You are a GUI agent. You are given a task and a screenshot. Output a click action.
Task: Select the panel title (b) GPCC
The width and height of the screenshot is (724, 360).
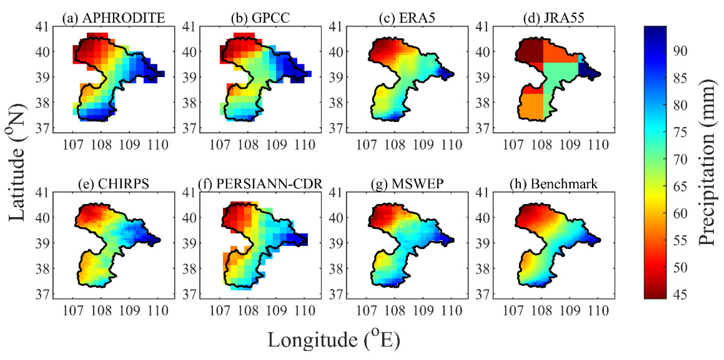tap(260, 18)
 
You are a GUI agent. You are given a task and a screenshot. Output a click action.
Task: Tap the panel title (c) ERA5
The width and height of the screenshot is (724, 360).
tap(407, 18)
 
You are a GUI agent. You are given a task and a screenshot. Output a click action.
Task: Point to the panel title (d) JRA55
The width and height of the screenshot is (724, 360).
tap(554, 18)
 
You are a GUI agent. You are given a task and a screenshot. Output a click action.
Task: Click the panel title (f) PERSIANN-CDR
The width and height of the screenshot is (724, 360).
tap(260, 184)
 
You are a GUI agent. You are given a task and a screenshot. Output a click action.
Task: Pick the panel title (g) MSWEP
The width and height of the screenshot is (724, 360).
tap(407, 184)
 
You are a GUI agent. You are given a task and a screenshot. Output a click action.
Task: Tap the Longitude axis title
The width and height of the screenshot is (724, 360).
tap(334, 340)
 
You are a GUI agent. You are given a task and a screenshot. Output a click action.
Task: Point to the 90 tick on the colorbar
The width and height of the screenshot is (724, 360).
tap(680, 51)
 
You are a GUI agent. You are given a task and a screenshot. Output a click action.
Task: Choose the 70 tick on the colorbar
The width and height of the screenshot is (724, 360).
tap(680, 159)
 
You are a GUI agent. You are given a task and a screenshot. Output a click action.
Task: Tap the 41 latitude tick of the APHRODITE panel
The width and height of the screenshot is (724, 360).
tap(42, 27)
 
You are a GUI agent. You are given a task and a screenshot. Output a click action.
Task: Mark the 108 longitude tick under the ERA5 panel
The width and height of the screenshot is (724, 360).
tap(395, 145)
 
